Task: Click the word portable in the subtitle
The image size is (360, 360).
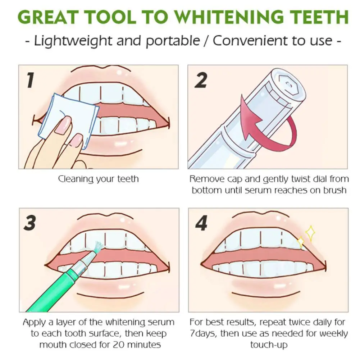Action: pos(173,41)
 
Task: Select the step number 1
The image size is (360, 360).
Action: pos(30,80)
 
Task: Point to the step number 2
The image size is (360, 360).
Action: pos(201,80)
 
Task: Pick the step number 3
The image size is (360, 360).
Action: pos(30,223)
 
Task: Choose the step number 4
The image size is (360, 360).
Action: pos(201,223)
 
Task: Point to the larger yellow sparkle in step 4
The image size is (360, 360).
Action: pos(310,233)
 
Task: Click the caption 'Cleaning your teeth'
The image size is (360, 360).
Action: pos(98,179)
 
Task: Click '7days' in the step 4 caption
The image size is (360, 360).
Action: pos(203,333)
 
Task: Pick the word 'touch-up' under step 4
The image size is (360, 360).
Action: pos(269,345)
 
